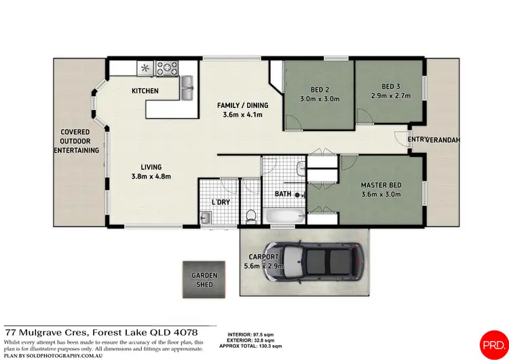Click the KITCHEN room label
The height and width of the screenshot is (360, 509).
point(145,90)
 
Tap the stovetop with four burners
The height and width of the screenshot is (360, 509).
point(166,67)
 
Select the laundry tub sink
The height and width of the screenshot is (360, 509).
point(206,217)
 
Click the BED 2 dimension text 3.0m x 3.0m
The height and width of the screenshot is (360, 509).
point(319,98)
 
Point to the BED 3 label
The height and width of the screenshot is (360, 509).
point(390,86)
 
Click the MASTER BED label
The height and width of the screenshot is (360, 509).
point(380,185)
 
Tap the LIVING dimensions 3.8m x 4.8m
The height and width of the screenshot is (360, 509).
point(151,177)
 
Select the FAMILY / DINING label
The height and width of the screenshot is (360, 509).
point(242,105)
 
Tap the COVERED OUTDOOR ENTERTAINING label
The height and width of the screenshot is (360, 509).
point(76,141)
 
